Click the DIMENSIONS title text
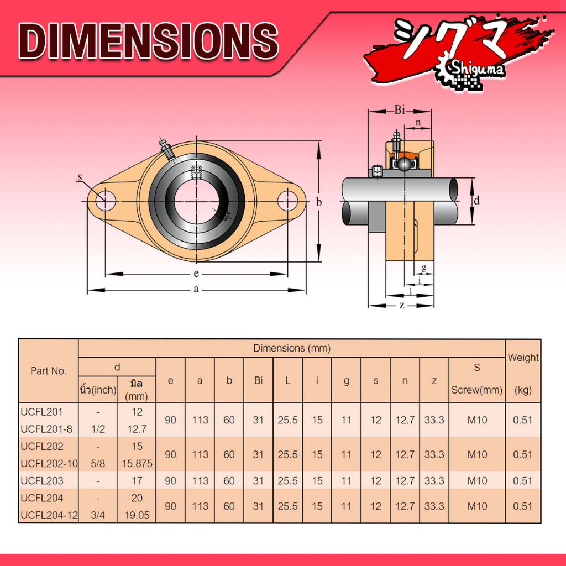pos(148,41)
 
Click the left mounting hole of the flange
pos(106,201)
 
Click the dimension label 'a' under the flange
pos(196,290)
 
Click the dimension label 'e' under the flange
pos(196,274)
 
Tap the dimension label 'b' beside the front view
pos(319,202)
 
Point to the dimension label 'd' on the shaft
pos(476,200)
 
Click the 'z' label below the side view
pos(402,305)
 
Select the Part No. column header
pos(48,371)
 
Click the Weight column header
pos(523,358)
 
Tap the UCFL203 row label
pos(42,481)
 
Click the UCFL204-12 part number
pos(49,516)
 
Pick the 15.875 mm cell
pos(137,463)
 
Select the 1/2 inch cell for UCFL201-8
pos(98,429)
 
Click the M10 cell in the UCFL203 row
pos(476,481)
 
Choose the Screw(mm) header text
pos(476,390)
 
